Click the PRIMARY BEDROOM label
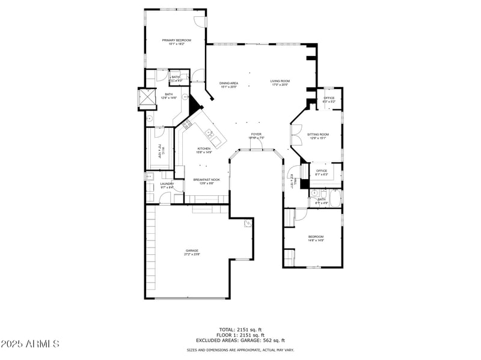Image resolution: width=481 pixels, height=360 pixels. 176,40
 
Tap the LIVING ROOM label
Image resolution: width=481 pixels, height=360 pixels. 280,81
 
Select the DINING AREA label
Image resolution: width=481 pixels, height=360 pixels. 228,84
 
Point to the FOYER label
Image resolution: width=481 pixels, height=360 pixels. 256,134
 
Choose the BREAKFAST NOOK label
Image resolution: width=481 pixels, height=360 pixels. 206,180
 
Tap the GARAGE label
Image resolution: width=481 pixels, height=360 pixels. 192,251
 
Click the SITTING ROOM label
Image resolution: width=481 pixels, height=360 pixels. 318,134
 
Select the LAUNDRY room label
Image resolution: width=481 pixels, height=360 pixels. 167,184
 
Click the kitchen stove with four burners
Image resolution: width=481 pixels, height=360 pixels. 187,124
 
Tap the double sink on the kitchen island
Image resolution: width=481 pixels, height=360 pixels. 209,133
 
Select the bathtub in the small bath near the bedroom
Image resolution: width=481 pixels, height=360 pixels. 334,198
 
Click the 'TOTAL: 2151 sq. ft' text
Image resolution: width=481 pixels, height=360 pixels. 240,330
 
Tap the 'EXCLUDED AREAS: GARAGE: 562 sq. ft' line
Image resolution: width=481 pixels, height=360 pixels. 240,340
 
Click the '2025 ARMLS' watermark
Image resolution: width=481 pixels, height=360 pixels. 30,344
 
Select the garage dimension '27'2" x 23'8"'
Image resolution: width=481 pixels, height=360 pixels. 192,254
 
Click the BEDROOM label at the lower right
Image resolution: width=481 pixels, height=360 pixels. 316,236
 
